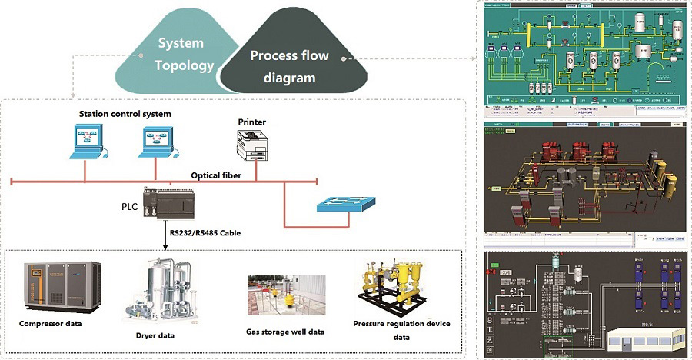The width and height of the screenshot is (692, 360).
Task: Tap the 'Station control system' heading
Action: (x=125, y=115)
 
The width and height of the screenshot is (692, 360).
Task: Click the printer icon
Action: (x=253, y=146)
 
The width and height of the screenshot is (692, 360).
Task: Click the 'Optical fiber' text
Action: (x=215, y=175)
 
